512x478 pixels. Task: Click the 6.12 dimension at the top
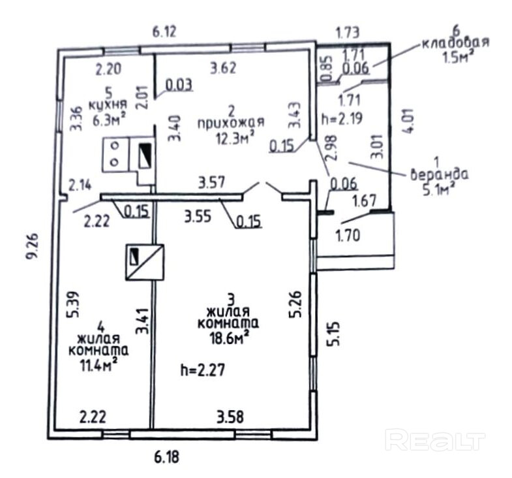[x=164, y=31]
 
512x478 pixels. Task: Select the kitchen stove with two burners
[x=115, y=153]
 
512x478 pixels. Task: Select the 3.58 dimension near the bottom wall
[x=230, y=415]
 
